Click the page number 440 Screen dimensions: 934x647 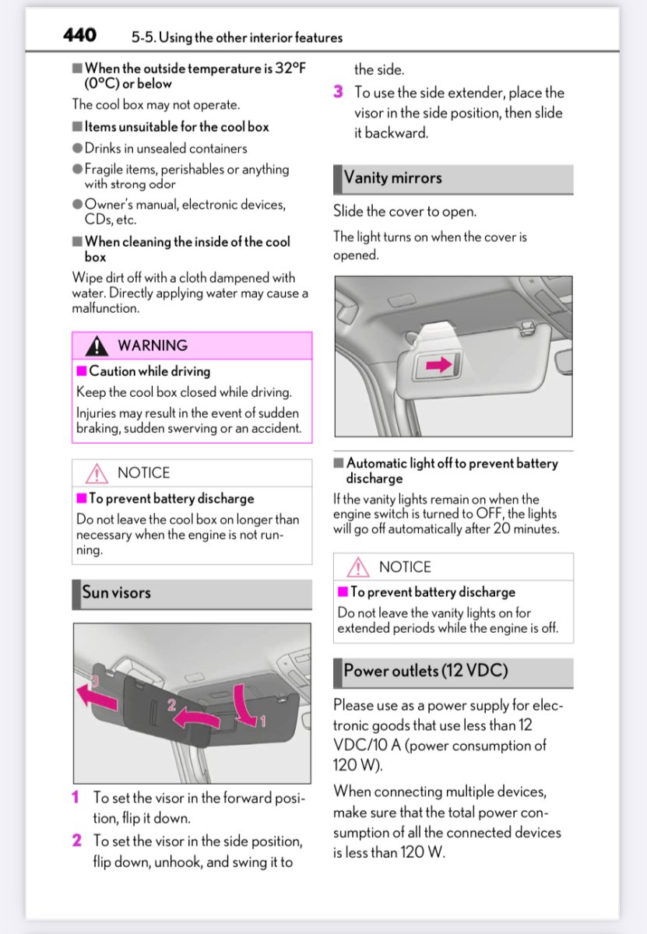point(79,36)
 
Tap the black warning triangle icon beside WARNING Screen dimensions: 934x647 point(97,346)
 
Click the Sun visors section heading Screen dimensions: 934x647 point(117,592)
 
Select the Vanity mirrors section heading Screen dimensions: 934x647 point(392,177)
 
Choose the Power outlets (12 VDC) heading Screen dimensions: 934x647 point(425,671)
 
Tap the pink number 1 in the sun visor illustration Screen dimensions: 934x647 point(262,722)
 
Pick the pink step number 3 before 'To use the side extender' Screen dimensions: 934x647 point(338,92)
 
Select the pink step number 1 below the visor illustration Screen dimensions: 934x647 point(76,798)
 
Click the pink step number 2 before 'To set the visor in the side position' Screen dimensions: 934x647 point(76,841)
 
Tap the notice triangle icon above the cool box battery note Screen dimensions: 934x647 point(97,473)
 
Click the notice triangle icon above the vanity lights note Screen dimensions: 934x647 point(358,567)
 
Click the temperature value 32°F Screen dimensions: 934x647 point(290,68)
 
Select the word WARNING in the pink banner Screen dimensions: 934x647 point(153,346)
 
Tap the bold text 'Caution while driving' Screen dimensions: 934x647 point(149,371)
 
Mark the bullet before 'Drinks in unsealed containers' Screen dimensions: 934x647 point(78,148)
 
